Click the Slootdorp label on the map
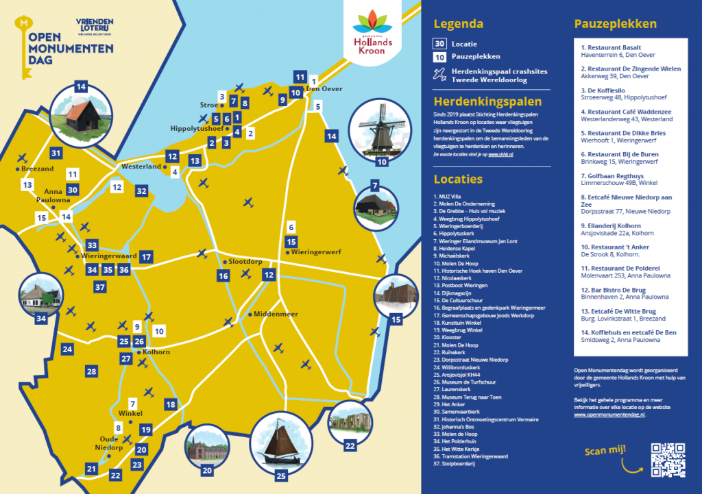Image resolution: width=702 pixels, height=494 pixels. pyautogui.click(x=245, y=262)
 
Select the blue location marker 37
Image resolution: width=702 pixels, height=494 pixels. pyautogui.click(x=100, y=286)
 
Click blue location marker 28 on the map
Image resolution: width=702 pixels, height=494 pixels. pyautogui.click(x=91, y=371)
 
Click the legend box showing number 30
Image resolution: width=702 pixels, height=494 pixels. pyautogui.click(x=440, y=43)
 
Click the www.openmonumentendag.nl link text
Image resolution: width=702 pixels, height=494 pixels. pyautogui.click(x=609, y=415)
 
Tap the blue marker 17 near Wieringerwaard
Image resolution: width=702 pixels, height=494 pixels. pyautogui.click(x=146, y=258)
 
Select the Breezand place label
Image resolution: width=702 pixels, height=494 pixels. pyautogui.click(x=37, y=169)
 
